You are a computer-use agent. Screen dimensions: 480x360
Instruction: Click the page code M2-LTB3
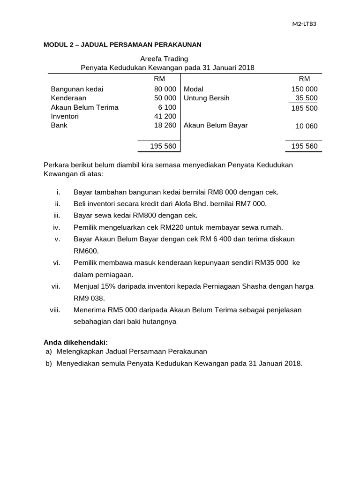pos(304,24)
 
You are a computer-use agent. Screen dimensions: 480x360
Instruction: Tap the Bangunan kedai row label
pos(77,89)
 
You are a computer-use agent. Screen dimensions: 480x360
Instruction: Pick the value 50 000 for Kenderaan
pos(165,98)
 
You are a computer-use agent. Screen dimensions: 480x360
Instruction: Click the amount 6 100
pos(167,107)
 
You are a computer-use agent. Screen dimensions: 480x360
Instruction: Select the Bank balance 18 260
pos(165,126)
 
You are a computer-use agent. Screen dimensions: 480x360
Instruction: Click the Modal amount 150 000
pos(304,89)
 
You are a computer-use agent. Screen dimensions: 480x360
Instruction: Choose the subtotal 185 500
pos(304,108)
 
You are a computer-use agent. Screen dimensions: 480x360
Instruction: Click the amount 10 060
pos(306,126)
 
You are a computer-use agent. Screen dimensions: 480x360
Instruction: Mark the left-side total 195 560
pos(163,146)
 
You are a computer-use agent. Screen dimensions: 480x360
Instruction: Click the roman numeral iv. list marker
pos(57,227)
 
